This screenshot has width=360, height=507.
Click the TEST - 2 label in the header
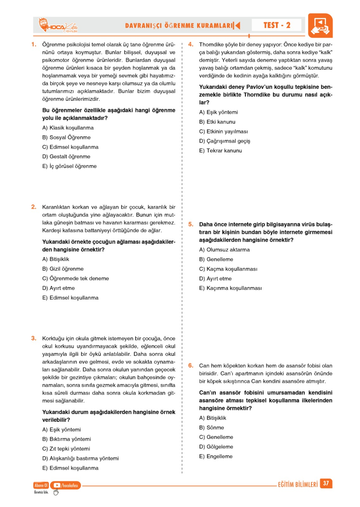[277, 25]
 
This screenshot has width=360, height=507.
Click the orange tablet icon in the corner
[320, 26]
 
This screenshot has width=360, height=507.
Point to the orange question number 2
[34, 207]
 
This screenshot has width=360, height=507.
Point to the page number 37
[326, 483]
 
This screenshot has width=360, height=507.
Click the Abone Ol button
[41, 485]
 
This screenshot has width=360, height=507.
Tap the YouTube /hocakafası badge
[66, 485]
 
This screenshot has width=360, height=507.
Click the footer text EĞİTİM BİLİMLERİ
[298, 485]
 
